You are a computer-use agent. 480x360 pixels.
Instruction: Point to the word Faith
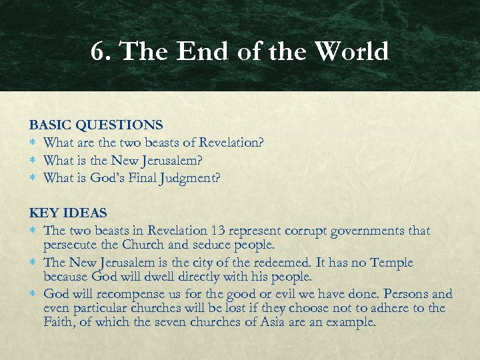(59, 322)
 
